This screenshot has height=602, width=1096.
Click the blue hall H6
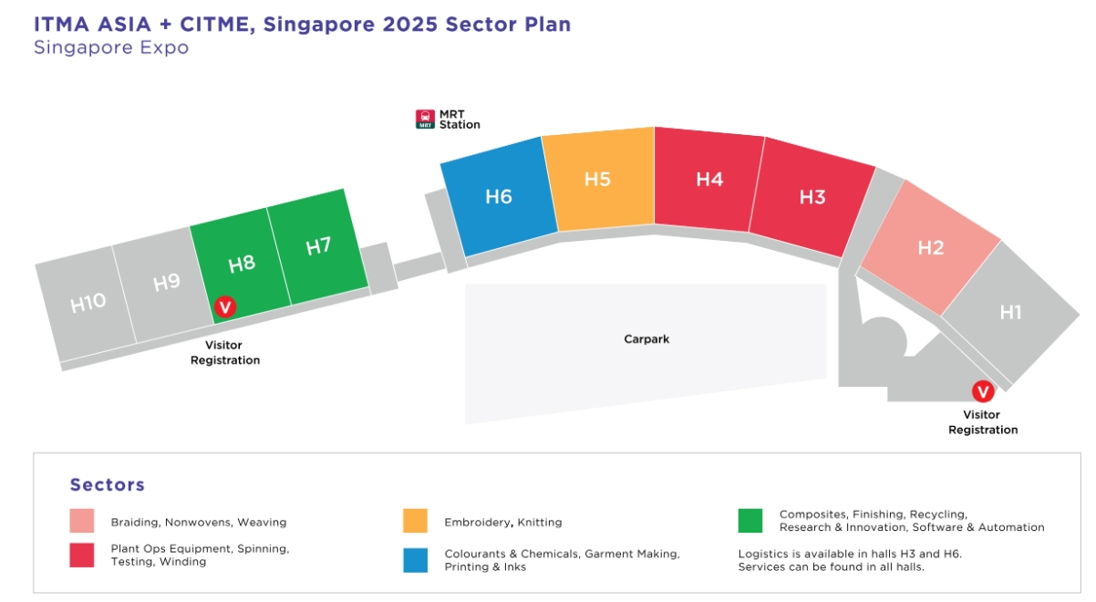pos(499,196)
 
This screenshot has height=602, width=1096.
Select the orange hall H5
pos(597,179)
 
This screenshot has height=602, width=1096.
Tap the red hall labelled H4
pos(709,180)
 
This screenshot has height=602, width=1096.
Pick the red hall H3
pos(812,197)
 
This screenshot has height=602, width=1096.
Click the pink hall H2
pos(930,247)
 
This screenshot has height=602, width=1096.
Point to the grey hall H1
pos(1010,312)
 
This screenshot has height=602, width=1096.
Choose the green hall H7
pos(318,246)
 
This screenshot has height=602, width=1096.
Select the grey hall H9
pos(166,283)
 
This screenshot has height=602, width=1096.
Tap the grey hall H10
pos(88,303)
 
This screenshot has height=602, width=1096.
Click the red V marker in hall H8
pos(224,307)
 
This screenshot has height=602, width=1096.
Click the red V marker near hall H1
pos(983,391)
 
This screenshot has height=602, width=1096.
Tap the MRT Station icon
pos(425,119)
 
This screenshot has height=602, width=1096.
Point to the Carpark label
pos(646,339)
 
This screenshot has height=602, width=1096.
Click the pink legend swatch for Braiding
pos(81,521)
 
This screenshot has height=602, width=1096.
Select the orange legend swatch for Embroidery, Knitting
pos(415,521)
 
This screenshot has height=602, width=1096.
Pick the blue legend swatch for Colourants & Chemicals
pos(415,559)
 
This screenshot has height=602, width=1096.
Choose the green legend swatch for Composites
pos(750,520)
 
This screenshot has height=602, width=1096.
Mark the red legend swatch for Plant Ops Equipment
pos(81,555)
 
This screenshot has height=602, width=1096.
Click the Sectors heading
pos(107,484)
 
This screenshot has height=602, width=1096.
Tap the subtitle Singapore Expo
pos(111,47)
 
